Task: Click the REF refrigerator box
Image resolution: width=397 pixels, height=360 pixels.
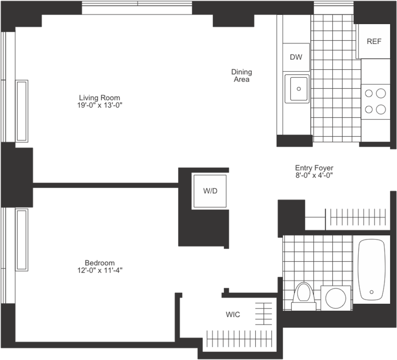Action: pyautogui.click(x=373, y=41)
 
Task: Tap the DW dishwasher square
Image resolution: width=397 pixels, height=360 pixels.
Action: pyautogui.click(x=296, y=57)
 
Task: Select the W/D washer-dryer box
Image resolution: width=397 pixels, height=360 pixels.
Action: pyautogui.click(x=210, y=191)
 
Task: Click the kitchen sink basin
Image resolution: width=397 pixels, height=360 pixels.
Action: pyautogui.click(x=297, y=89)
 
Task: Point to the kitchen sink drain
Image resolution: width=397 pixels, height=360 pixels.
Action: pyautogui.click(x=298, y=88)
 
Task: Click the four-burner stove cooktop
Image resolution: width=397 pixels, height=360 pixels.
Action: pyautogui.click(x=375, y=102)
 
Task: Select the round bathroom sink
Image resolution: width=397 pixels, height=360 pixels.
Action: pyautogui.click(x=336, y=298)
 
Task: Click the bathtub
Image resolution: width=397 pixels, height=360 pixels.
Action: pyautogui.click(x=371, y=269)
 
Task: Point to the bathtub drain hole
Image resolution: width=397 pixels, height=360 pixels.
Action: pyautogui.click(x=371, y=292)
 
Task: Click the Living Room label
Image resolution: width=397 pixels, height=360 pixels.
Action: pyautogui.click(x=99, y=98)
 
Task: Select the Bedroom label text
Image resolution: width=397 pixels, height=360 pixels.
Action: pyautogui.click(x=100, y=263)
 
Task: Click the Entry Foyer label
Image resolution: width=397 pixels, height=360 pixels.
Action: pyautogui.click(x=314, y=168)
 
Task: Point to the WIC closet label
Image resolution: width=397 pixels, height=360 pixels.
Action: pyautogui.click(x=233, y=315)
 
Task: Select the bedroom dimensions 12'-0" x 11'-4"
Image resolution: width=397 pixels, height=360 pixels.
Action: pyautogui.click(x=100, y=270)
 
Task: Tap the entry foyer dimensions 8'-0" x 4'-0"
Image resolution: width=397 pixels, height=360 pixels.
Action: pyautogui.click(x=314, y=175)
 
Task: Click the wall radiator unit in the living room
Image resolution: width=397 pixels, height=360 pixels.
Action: pyautogui.click(x=22, y=111)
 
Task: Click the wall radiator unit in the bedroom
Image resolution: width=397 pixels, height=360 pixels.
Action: pyautogui.click(x=22, y=239)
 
